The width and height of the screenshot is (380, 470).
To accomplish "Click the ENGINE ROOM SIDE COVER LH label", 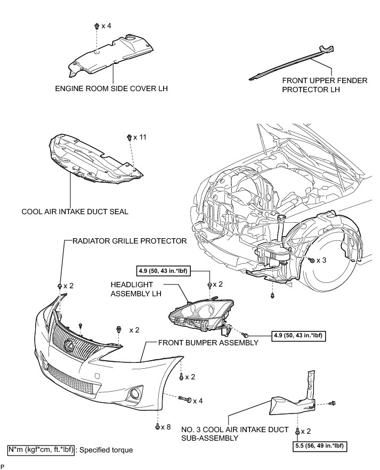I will (x=111, y=88).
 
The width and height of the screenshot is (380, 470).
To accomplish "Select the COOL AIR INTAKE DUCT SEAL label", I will (x=75, y=211).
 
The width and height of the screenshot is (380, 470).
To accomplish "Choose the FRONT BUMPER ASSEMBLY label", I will (x=208, y=343).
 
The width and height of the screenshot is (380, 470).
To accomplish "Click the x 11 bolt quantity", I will (x=141, y=137).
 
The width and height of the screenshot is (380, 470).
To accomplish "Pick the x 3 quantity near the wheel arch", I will (x=321, y=260).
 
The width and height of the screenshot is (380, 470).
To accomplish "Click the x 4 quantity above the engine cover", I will (x=106, y=26).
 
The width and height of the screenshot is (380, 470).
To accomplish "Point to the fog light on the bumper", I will (x=132, y=395).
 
